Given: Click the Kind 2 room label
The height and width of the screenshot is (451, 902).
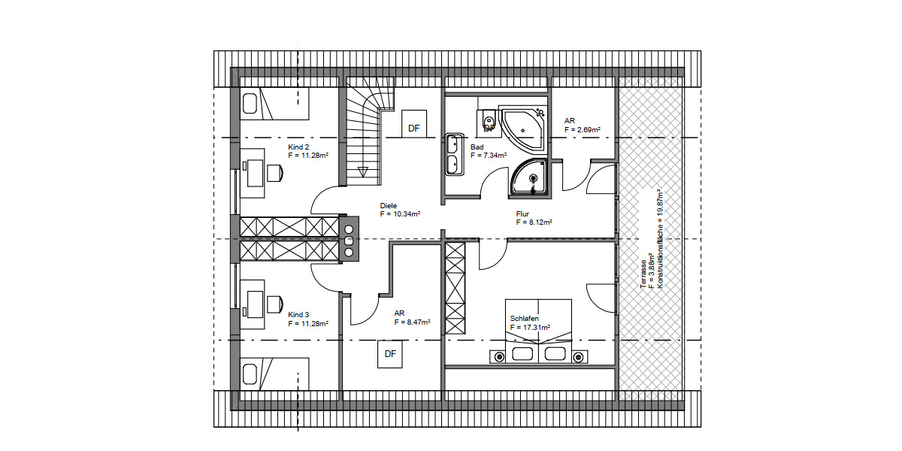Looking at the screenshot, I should tap(298, 147).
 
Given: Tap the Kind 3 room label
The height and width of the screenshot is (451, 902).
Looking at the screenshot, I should tap(298, 315).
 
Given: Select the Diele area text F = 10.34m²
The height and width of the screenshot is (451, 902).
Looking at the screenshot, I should tap(399, 214).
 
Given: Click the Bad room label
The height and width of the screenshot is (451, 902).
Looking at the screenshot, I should tap(477, 147).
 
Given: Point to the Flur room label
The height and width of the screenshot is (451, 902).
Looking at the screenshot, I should tap(522, 214).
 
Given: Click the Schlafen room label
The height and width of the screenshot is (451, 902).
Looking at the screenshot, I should tap(524, 319).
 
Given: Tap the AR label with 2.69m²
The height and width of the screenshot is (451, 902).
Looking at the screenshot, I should tap(570, 120).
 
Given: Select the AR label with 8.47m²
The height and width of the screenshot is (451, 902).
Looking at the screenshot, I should tap(400, 313).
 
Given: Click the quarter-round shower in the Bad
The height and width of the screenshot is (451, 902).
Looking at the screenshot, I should tap(530, 177).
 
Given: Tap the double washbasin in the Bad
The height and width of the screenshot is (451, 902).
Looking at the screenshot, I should tap(455, 154).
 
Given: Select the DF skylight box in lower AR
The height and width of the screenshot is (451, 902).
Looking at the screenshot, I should tap(389, 353).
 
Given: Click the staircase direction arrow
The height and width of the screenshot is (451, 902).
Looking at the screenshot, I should tap(364, 171).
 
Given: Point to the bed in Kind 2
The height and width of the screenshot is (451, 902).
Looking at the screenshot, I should tap(275, 104).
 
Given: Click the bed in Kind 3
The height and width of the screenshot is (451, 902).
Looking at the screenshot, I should tap(275, 374).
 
